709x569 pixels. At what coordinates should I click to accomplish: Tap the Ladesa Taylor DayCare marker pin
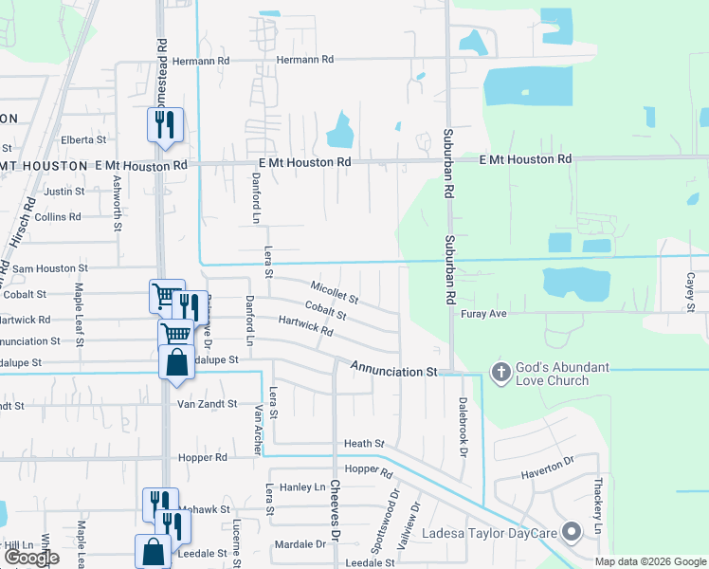571,533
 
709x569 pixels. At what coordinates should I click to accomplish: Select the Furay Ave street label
485,313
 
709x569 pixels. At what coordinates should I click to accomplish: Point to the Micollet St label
335,291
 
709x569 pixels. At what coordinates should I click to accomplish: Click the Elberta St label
82,139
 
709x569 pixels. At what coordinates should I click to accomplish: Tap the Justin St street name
64,191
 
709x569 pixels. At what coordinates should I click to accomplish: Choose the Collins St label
58,216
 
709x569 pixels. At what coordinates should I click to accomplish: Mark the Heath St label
364,443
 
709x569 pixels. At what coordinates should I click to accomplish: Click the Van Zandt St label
207,404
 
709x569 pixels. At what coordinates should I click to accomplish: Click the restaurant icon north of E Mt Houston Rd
166,124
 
